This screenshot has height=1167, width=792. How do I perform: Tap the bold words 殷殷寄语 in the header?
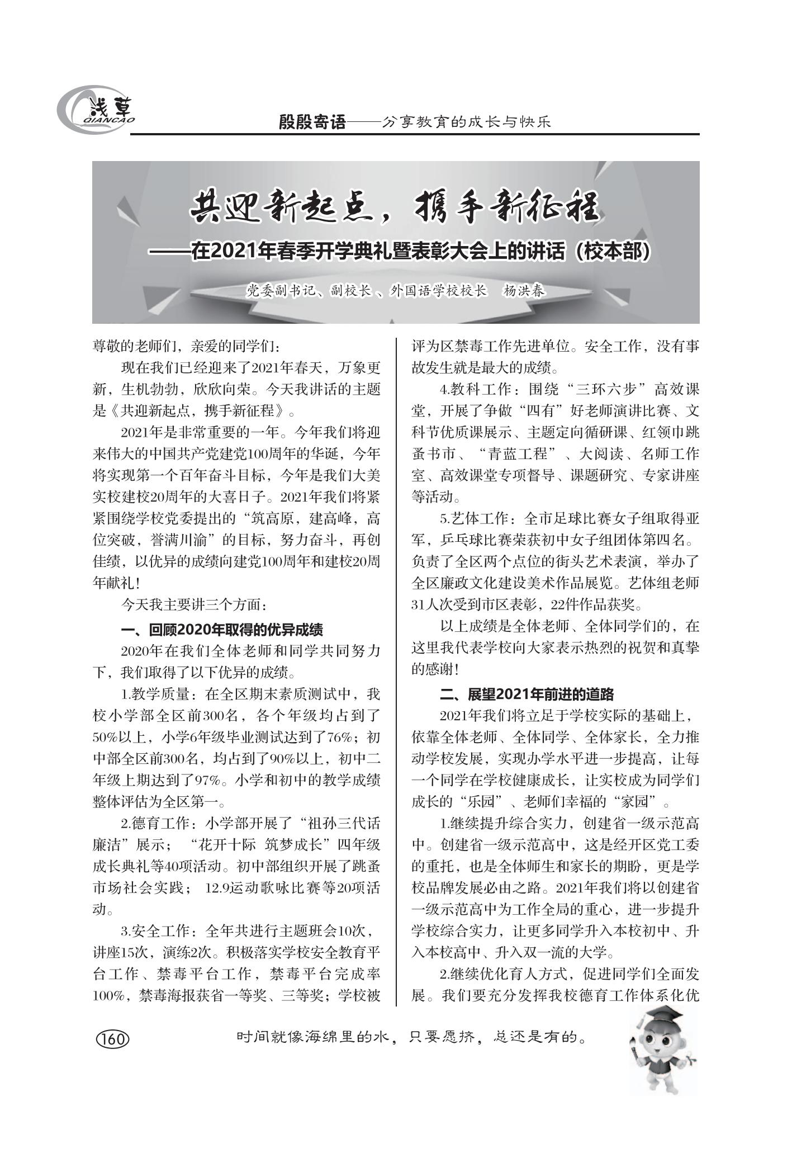click(x=312, y=122)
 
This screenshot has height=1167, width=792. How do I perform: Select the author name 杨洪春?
click(x=524, y=291)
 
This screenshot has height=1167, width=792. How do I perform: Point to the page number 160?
click(x=113, y=1040)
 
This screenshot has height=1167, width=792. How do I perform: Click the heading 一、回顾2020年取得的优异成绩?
click(x=222, y=630)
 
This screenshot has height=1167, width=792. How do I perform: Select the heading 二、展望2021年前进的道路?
click(x=527, y=694)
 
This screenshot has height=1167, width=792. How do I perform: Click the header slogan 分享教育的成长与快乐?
click(x=466, y=122)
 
